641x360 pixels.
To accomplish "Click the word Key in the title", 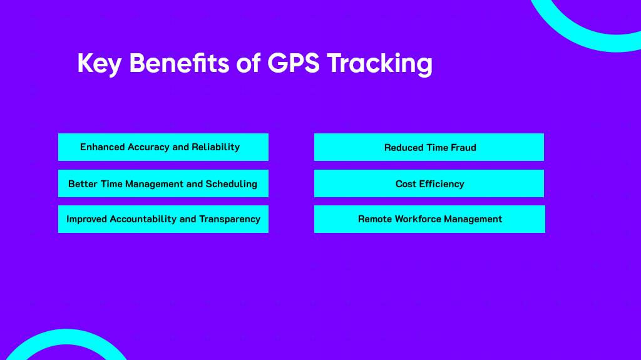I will click(x=99, y=63).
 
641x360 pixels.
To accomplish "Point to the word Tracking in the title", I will click(x=379, y=64).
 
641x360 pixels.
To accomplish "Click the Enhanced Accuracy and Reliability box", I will click(x=163, y=147).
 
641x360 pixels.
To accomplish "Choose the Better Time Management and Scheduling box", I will click(x=163, y=183).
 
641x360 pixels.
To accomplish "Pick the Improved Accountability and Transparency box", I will click(x=163, y=219).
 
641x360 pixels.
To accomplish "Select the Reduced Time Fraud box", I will click(x=429, y=147).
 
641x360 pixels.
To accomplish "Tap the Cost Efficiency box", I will click(x=429, y=183).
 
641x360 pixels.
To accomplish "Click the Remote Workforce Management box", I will click(x=429, y=219).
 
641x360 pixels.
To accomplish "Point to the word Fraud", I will click(x=461, y=148).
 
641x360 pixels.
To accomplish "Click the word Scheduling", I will click(x=232, y=184).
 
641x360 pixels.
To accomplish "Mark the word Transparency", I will click(x=230, y=220).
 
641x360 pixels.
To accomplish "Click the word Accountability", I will click(x=143, y=219).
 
